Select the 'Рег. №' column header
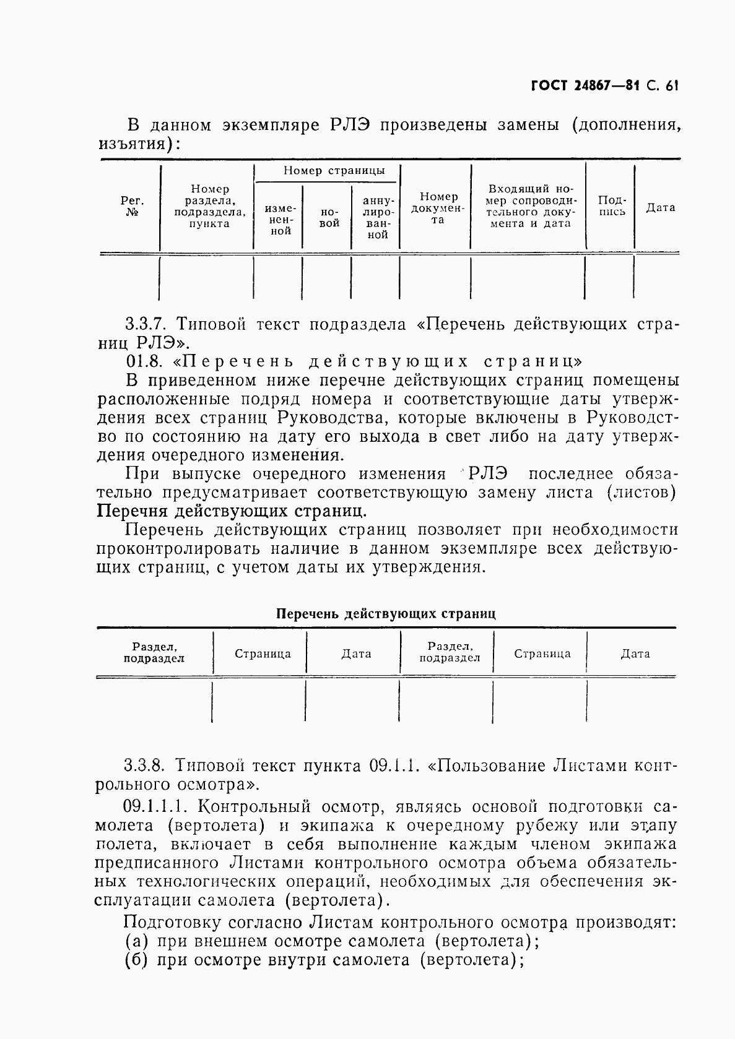pyautogui.click(x=132, y=207)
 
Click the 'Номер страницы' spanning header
pyautogui.click(x=334, y=171)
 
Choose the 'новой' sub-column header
pyautogui.click(x=329, y=217)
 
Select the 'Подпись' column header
pyautogui.click(x=612, y=205)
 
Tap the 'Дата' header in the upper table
pyautogui.click(x=661, y=208)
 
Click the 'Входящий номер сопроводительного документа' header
pyautogui.click(x=530, y=206)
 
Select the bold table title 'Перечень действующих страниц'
pyautogui.click(x=385, y=614)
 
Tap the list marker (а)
pyautogui.click(x=136, y=941)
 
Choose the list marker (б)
pyautogui.click(x=136, y=960)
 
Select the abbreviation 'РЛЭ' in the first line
pyautogui.click(x=348, y=126)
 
